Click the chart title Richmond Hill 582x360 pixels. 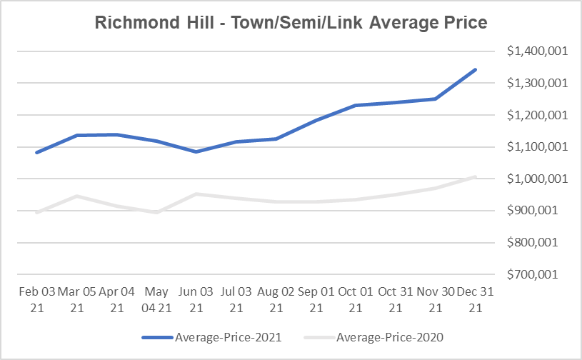(x=291, y=23)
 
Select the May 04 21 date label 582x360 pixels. (x=156, y=300)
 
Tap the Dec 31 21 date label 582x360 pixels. (x=475, y=300)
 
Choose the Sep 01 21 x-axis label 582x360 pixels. (x=316, y=300)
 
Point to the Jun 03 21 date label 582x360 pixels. (x=196, y=300)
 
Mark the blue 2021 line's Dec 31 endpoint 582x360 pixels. (x=475, y=70)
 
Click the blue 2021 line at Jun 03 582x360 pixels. (x=196, y=151)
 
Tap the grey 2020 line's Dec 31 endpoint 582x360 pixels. (x=475, y=176)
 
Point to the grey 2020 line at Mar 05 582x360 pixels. (x=76, y=196)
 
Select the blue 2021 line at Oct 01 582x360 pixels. (x=356, y=106)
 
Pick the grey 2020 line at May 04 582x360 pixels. (x=156, y=212)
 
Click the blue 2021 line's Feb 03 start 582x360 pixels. (x=36, y=152)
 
